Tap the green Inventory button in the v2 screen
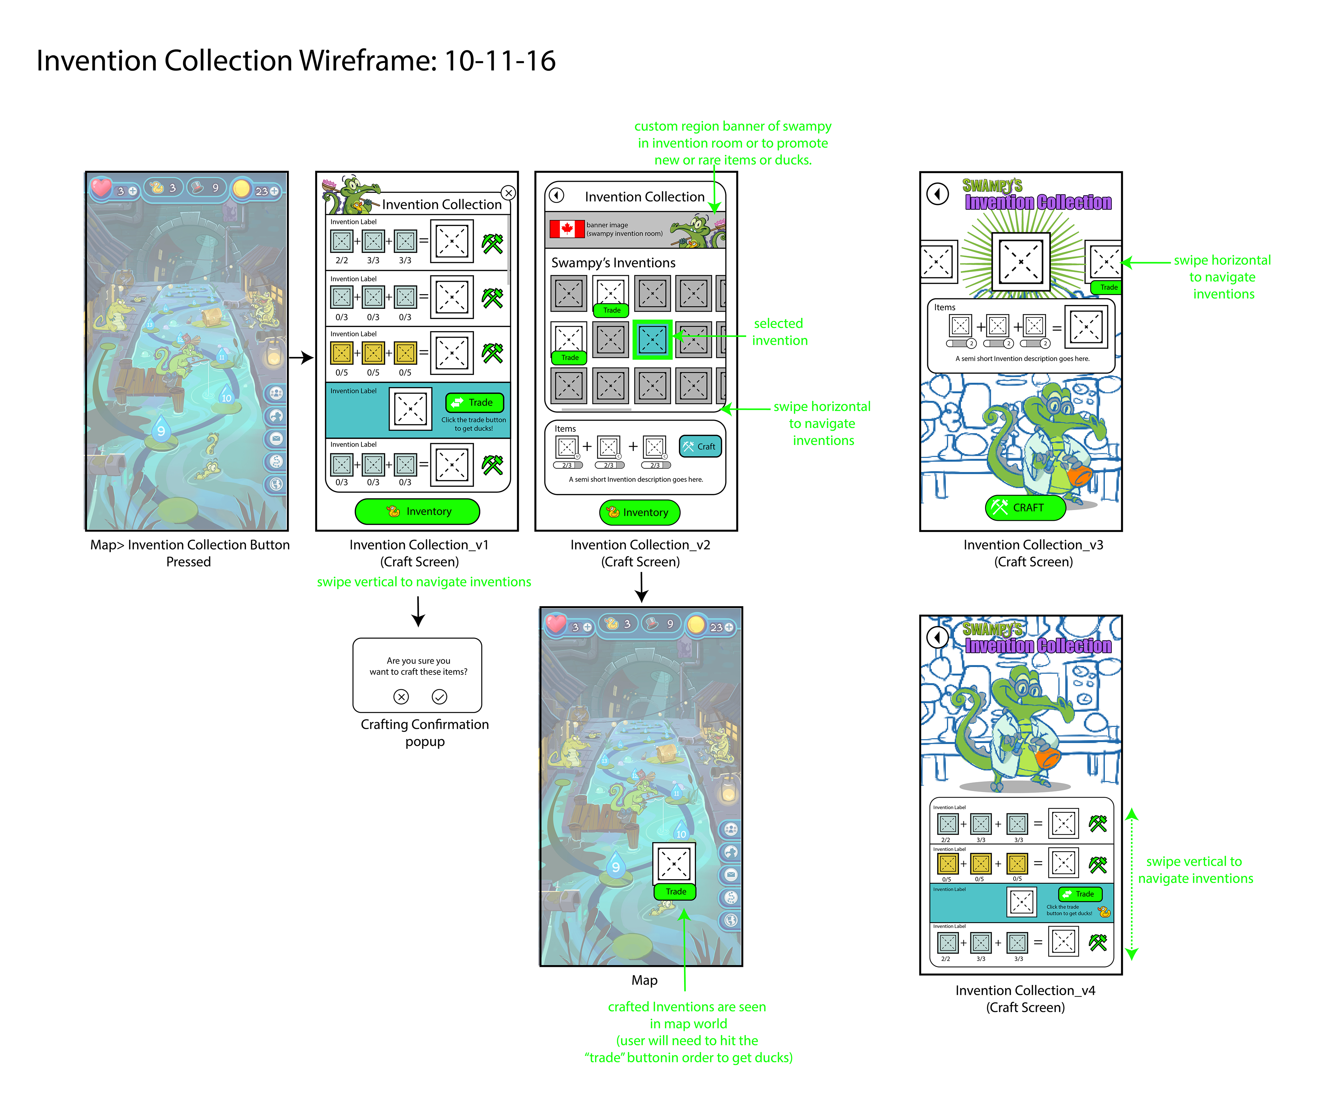click(x=639, y=512)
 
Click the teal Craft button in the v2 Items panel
click(x=700, y=446)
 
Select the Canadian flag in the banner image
click(x=566, y=229)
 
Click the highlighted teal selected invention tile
click(x=652, y=339)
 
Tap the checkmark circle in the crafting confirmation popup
click(x=439, y=697)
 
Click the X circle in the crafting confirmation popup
click(x=401, y=697)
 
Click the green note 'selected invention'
click(x=779, y=332)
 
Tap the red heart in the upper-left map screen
click(x=101, y=188)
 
